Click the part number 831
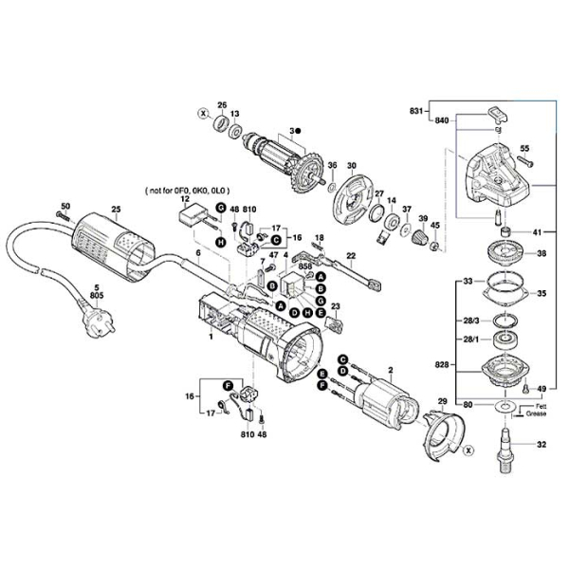415,111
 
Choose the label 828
442,363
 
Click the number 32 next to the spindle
541,443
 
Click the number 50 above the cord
65,206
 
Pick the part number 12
186,199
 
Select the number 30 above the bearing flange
351,166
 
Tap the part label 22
350,256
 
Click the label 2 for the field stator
390,368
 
